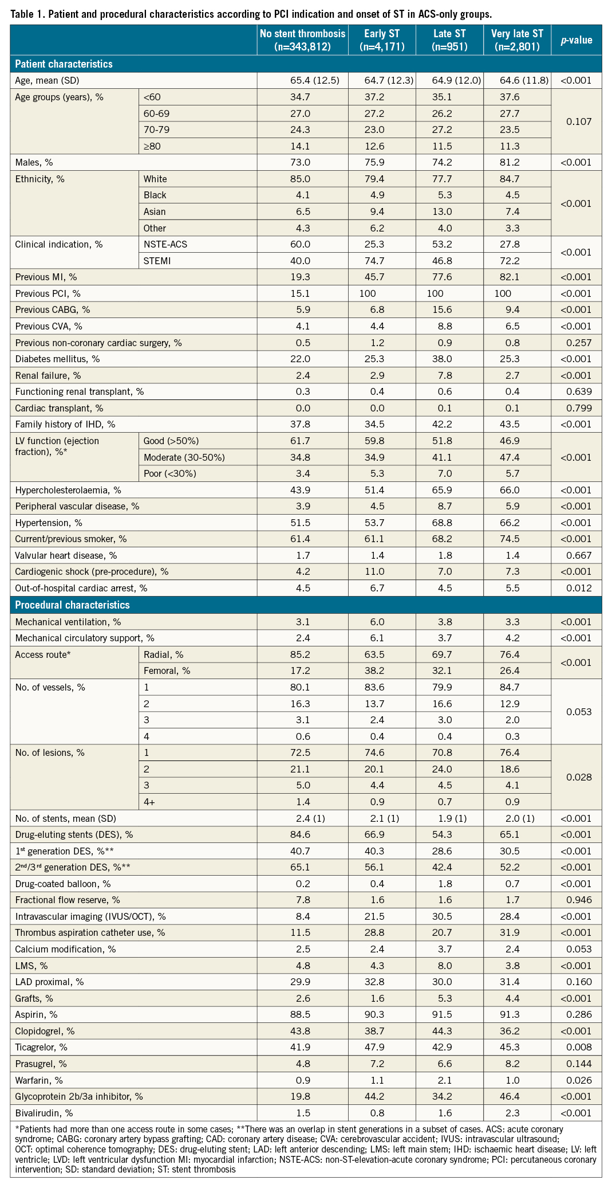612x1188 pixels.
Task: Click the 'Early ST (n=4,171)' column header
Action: [382, 40]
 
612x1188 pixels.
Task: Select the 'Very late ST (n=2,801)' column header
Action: [516, 40]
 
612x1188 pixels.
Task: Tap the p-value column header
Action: [576, 40]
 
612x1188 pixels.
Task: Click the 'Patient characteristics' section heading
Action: [64, 64]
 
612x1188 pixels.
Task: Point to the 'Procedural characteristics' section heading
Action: [72, 605]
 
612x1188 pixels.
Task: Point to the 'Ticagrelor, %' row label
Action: [41, 1048]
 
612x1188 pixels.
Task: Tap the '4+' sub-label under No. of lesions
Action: [149, 802]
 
